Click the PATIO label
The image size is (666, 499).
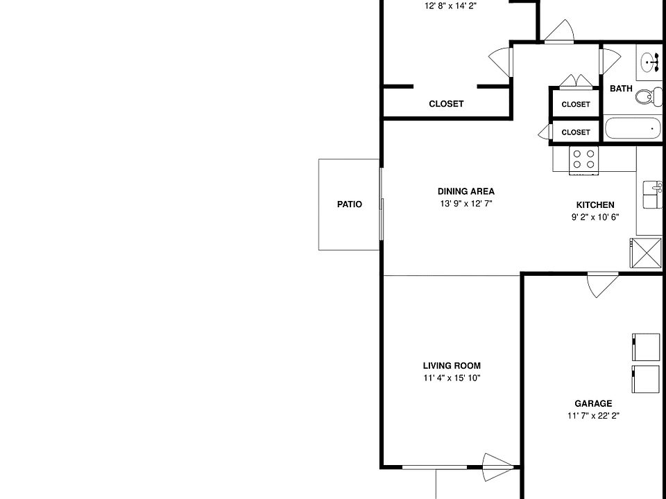[350, 204]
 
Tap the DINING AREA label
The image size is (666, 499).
[466, 191]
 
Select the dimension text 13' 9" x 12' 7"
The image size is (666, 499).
[466, 204]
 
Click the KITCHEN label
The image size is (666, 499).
[595, 205]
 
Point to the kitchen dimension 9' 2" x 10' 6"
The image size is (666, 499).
[595, 217]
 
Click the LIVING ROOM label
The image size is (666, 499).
[452, 366]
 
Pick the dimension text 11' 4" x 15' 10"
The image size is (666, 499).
[452, 378]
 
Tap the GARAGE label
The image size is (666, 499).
[593, 403]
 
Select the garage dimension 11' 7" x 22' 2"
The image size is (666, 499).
[593, 416]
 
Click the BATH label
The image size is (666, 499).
[621, 89]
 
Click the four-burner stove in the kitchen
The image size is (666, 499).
[583, 160]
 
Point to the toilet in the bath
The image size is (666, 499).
[649, 96]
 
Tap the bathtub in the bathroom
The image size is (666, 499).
[633, 129]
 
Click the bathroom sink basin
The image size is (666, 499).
[650, 62]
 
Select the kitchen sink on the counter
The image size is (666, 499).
[653, 195]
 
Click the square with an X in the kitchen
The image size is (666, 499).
[646, 254]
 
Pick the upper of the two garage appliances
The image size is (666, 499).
[646, 347]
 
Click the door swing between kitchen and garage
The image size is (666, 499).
[602, 285]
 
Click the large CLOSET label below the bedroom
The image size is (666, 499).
[446, 104]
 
